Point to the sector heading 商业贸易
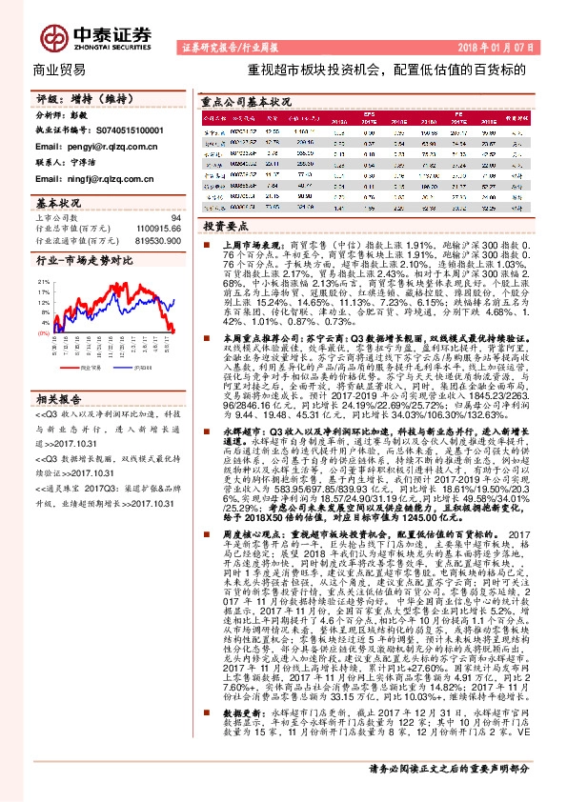click(58, 70)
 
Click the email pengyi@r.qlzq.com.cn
click(83, 148)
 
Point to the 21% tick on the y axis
click(44, 283)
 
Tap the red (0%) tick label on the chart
click(43, 334)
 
